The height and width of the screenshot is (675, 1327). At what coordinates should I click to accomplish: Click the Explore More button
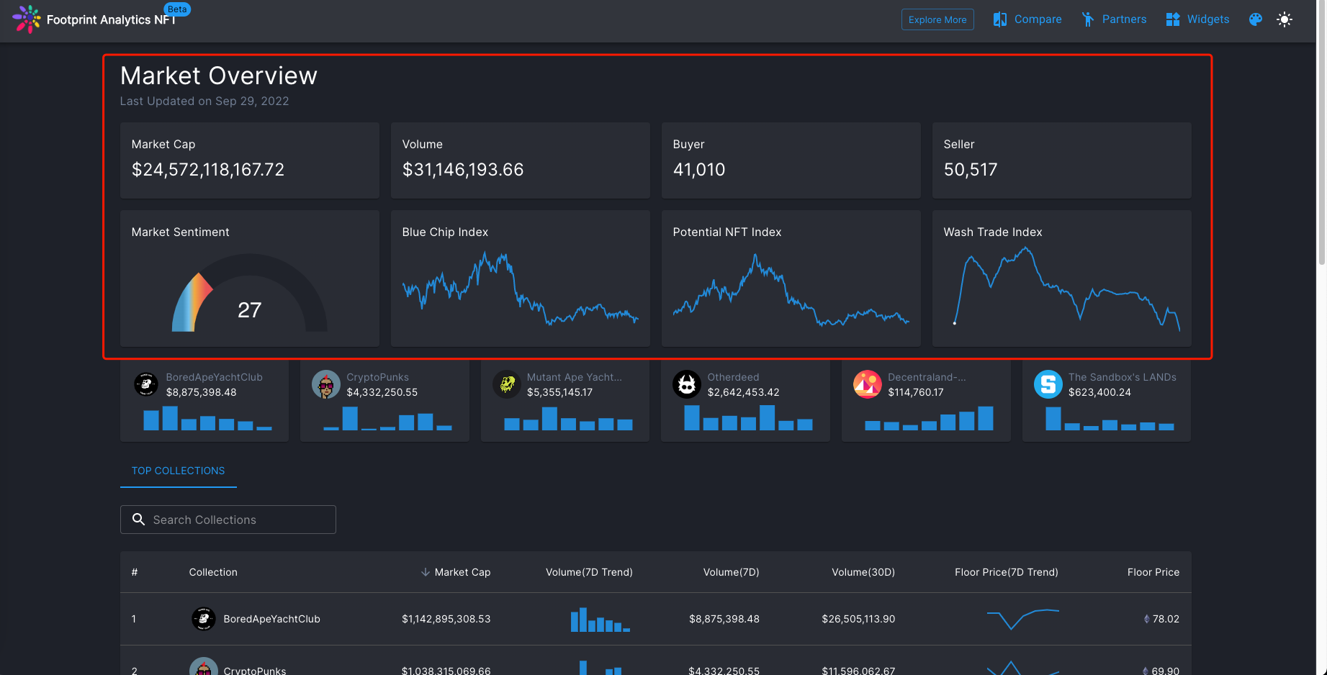click(937, 19)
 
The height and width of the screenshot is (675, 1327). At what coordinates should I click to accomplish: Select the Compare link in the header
click(1027, 19)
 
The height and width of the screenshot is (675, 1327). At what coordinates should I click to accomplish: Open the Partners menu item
click(1114, 19)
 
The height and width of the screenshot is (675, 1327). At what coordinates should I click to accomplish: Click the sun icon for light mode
click(1285, 19)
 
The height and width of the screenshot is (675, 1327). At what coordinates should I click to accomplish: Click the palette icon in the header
click(1256, 19)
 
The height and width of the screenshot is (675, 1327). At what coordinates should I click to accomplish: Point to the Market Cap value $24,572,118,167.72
click(208, 170)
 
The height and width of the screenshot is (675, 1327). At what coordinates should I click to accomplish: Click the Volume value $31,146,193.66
click(463, 170)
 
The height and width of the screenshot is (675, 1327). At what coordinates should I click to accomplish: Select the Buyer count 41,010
click(699, 170)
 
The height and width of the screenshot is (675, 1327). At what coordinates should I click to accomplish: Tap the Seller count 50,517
click(971, 170)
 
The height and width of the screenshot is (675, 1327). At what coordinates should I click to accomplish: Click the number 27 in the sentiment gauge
click(249, 310)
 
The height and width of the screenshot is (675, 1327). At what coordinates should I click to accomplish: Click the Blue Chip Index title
click(445, 232)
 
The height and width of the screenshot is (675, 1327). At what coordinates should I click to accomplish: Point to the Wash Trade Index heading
click(993, 232)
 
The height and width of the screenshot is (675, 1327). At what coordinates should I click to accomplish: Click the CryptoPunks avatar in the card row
click(326, 384)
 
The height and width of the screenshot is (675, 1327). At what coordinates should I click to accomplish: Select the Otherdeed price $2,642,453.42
click(743, 392)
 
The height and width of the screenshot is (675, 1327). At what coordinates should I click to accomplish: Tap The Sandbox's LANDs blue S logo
click(1048, 384)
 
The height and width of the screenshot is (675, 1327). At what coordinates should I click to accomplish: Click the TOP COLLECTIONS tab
click(178, 471)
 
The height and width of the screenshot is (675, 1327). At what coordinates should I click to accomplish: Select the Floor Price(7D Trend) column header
click(1006, 572)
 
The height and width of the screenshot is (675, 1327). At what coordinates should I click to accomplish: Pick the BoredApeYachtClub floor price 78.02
click(1165, 619)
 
